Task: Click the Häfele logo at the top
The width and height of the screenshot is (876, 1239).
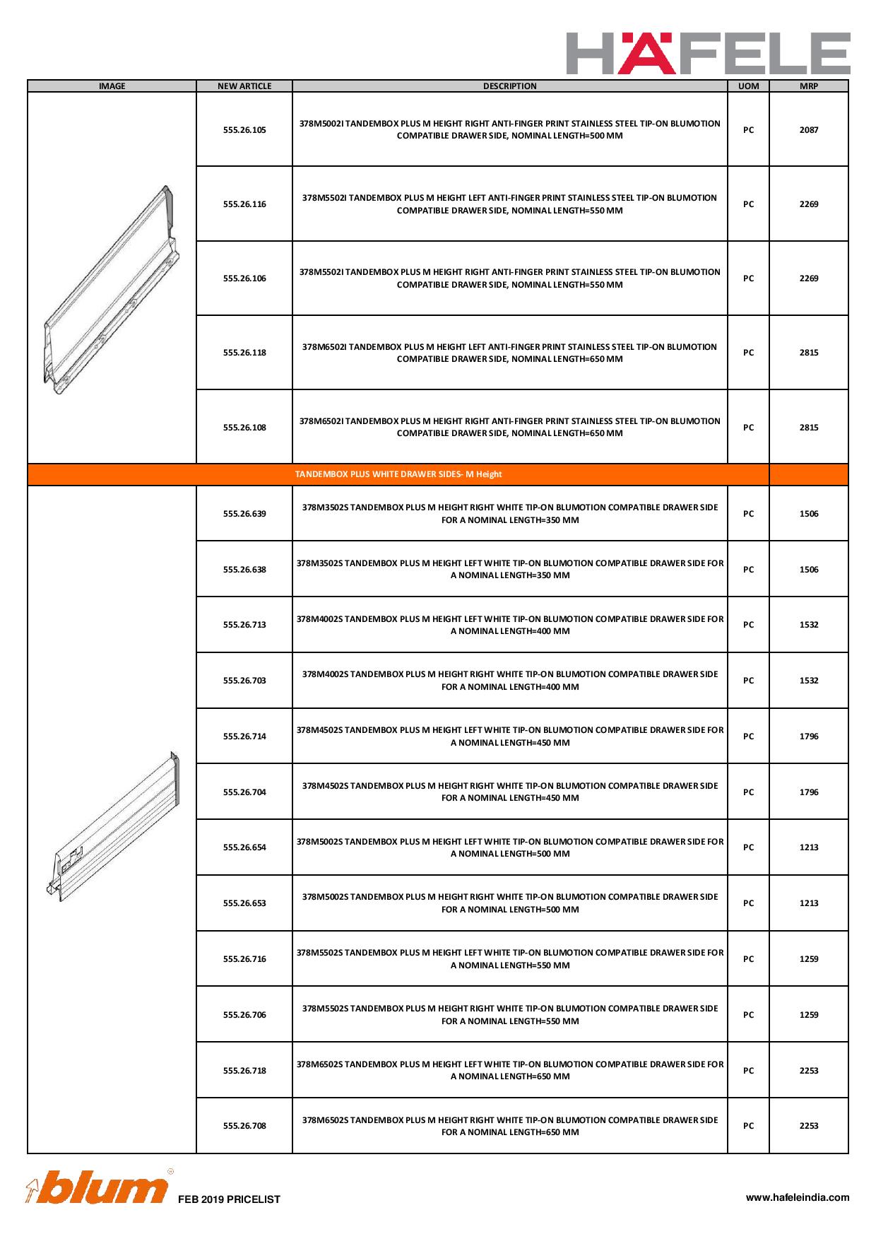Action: [x=708, y=53]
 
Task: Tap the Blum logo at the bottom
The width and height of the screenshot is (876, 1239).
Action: [x=99, y=1188]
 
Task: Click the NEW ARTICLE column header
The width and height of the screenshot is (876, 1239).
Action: [x=244, y=86]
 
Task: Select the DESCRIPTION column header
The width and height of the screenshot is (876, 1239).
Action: [x=509, y=86]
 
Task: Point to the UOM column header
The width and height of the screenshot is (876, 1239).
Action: [x=748, y=86]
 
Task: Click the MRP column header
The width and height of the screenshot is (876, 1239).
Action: [x=808, y=86]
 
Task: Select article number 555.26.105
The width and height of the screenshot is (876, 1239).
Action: [x=244, y=130]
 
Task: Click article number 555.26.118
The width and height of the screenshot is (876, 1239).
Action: [x=244, y=353]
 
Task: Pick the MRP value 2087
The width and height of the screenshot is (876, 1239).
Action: [x=808, y=130]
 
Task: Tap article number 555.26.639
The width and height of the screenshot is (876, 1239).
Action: [x=244, y=514]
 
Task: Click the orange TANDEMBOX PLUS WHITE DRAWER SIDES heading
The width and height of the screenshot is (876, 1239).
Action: [x=398, y=474]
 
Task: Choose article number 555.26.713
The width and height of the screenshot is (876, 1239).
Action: [x=244, y=625]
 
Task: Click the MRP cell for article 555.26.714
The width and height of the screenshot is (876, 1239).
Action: [x=808, y=736]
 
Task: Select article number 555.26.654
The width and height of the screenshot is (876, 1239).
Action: [x=244, y=847]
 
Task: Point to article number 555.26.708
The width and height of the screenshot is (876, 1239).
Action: [x=244, y=1126]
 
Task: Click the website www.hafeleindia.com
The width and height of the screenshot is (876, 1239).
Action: [x=798, y=1197]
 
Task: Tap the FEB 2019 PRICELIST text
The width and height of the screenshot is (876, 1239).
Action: [x=229, y=1199]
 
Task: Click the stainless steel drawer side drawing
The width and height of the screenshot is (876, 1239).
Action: [x=111, y=290]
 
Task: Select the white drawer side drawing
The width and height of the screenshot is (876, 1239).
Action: [x=117, y=827]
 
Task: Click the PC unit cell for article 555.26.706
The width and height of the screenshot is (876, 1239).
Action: [x=748, y=1015]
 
